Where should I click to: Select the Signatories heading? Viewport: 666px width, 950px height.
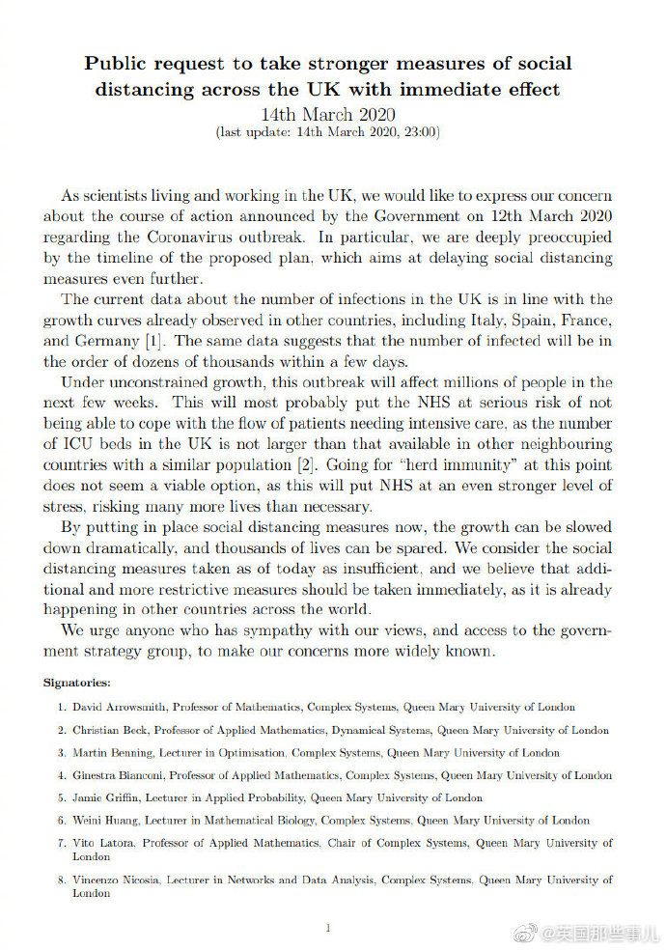click(77, 683)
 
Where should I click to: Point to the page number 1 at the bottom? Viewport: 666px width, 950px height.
click(328, 928)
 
